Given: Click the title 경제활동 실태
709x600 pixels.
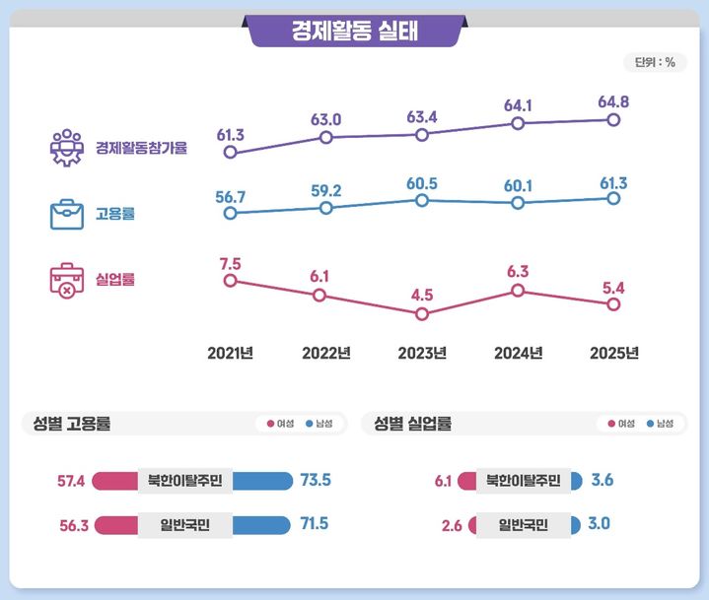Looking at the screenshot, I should pyautogui.click(x=354, y=31).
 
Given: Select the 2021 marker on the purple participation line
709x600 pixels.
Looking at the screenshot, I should pyautogui.click(x=231, y=153).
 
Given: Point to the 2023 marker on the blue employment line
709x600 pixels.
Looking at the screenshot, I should pyautogui.click(x=422, y=200).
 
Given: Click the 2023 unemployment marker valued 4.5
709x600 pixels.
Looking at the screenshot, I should pyautogui.click(x=422, y=314).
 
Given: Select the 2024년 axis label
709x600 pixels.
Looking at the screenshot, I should pyautogui.click(x=518, y=354).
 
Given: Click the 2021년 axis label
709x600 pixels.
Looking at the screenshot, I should pyautogui.click(x=231, y=354).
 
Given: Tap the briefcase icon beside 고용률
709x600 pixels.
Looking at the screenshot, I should pyautogui.click(x=67, y=214).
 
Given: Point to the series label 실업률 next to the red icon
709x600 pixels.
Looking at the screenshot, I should pyautogui.click(x=115, y=279).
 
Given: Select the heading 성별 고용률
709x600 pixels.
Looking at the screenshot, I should pyautogui.click(x=67, y=424).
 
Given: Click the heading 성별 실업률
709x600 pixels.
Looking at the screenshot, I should pyautogui.click(x=412, y=424).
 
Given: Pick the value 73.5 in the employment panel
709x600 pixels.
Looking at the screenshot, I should pyautogui.click(x=315, y=481).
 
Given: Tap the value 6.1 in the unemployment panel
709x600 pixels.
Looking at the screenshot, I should pyautogui.click(x=443, y=481).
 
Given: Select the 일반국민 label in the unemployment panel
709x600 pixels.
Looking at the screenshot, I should pyautogui.click(x=523, y=524).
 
